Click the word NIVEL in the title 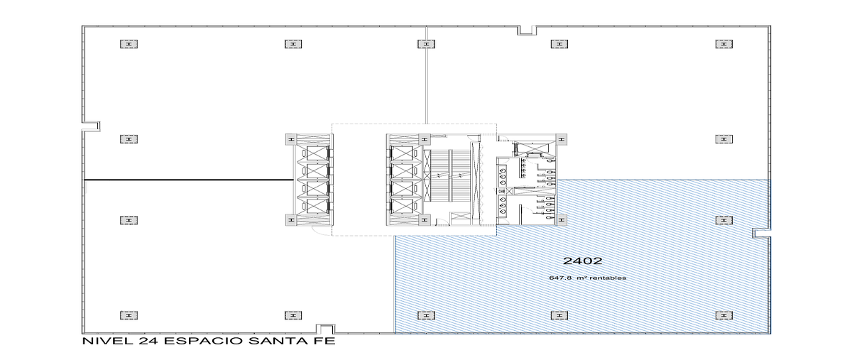(x=108, y=341)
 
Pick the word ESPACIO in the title (x=204, y=341)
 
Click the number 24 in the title (x=148, y=341)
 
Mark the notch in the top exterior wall (x=527, y=30)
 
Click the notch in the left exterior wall (x=92, y=126)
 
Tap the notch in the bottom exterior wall (x=326, y=329)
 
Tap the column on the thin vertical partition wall (x=426, y=44)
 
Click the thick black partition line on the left (x=188, y=180)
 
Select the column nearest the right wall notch (x=723, y=220)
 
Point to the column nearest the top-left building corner (x=129, y=44)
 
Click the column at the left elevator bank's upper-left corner (x=291, y=139)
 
